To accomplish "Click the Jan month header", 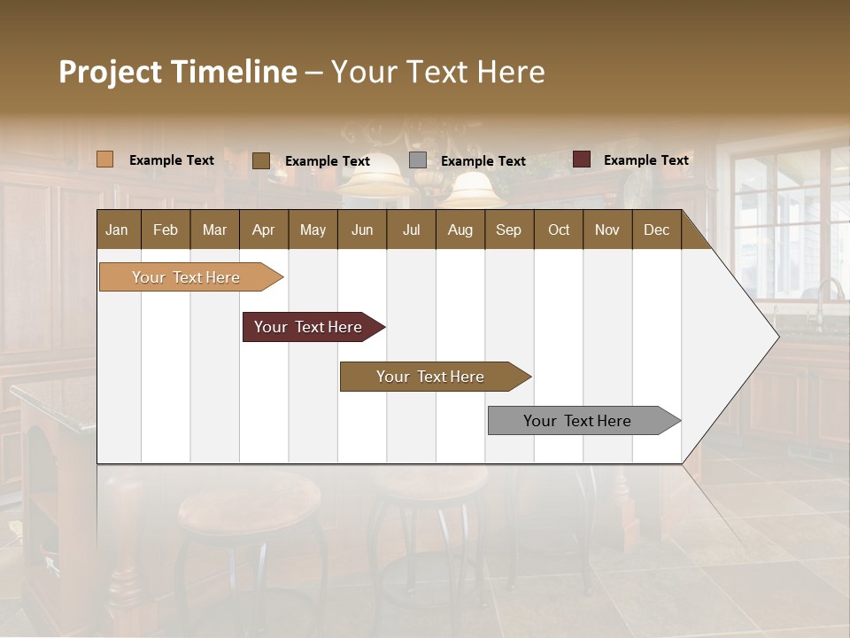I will pos(117,230).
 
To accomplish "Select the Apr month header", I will pos(263,230).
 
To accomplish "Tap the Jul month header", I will pos(411,230).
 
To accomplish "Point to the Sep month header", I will pos(508,230).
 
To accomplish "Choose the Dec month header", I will pos(656,230).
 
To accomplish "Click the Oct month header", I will pos(558,230).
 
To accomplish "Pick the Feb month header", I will pos(166,230).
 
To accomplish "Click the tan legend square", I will pos(104,159).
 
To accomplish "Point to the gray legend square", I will pos(418,160).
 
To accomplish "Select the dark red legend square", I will pos(581,159).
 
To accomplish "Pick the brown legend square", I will pos(260,160).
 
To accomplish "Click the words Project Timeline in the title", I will pos(178,72).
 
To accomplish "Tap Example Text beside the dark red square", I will pos(645,160).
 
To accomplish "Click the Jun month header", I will pos(362,230).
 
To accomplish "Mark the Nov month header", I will pos(607,230).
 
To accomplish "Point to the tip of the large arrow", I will pos(777,337).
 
